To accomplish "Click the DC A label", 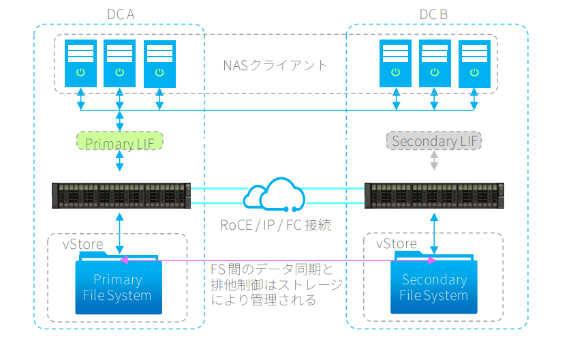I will click(x=121, y=14).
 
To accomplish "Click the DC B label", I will click(x=433, y=14).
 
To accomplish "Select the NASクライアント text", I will click(x=275, y=65).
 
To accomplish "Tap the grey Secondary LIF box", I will click(x=433, y=141).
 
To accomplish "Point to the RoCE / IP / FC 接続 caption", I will click(x=277, y=225).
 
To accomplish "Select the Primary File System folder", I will click(x=119, y=286).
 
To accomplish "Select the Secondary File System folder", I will click(x=434, y=286).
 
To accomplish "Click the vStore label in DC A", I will click(x=83, y=244).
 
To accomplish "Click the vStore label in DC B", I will click(x=397, y=243).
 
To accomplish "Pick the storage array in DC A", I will click(x=121, y=195).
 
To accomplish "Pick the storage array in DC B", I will click(x=434, y=195).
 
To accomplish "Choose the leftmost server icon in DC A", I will click(x=80, y=63).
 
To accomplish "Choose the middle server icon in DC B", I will click(x=435, y=63).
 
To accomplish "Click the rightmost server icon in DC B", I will click(x=474, y=63).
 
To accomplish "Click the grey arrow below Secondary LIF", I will click(x=434, y=161).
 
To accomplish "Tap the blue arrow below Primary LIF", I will click(x=121, y=161).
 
